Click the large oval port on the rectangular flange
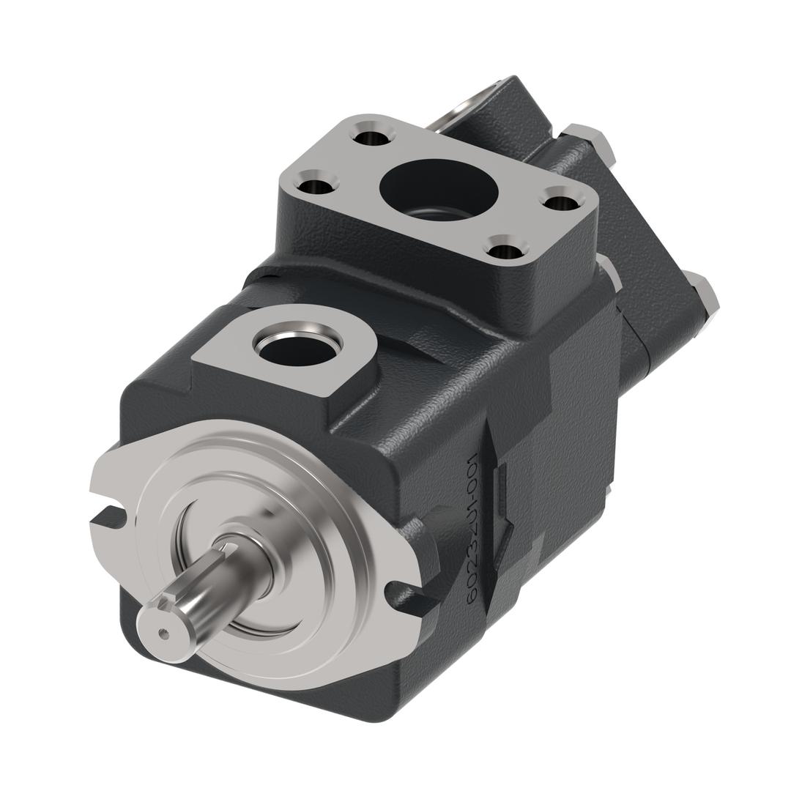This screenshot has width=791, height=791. coord(438,190)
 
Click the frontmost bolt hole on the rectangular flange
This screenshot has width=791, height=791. coord(507,250)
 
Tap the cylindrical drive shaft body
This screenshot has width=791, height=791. coord(212,586)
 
